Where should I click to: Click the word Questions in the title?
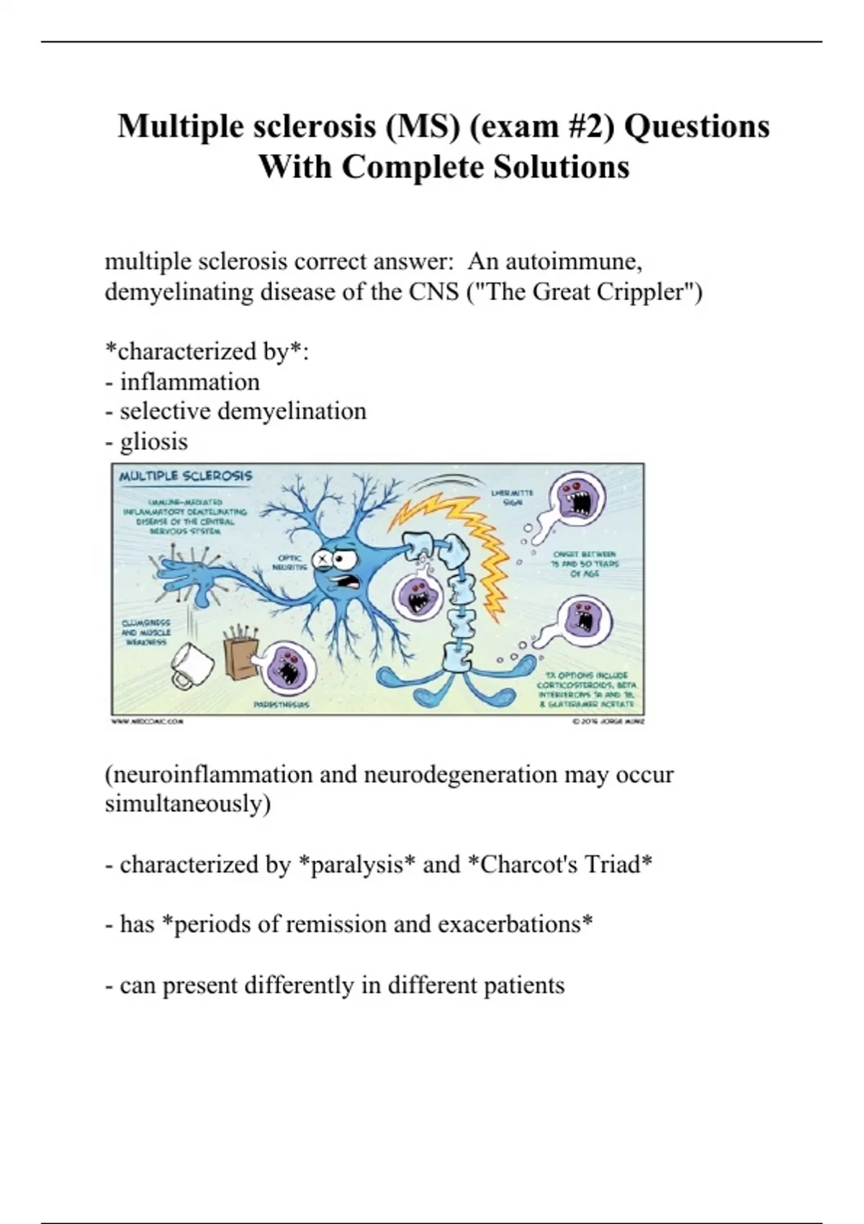pos(696,126)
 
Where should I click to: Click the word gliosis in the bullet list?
pos(153,441)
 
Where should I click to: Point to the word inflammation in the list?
pos(189,382)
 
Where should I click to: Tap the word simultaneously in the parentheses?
pos(187,804)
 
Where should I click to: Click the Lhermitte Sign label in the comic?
pos(512,498)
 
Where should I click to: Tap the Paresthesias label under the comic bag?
pos(282,705)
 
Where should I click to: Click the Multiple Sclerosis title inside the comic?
pos(185,476)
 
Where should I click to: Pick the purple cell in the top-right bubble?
pos(577,498)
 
